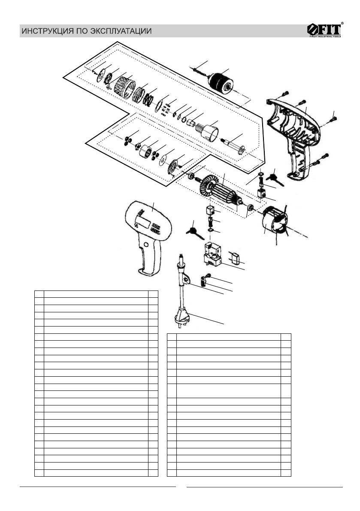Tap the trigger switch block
212,255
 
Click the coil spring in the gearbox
148,97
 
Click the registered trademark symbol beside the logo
342,23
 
